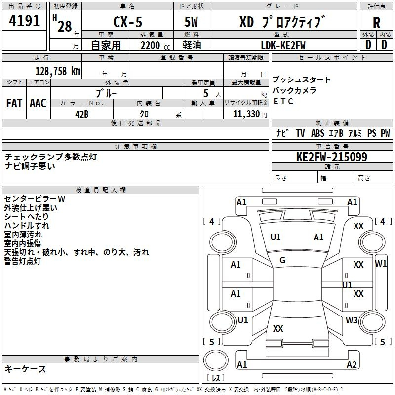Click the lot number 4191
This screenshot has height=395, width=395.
point(24,21)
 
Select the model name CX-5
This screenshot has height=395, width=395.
point(128,22)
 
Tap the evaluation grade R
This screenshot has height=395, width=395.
point(376,23)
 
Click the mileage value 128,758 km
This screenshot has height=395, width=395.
point(58,71)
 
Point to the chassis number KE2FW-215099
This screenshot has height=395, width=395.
point(332,157)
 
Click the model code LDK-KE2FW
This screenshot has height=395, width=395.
point(283,45)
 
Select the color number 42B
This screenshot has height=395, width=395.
point(82,114)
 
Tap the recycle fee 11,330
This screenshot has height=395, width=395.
point(246,114)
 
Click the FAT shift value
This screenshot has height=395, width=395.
point(14,103)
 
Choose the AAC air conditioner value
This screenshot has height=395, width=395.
point(38,103)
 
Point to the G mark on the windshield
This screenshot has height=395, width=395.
point(282,260)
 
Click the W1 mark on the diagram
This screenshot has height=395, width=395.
point(381,264)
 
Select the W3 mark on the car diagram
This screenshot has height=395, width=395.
point(352,320)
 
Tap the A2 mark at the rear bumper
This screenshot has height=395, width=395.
point(352,364)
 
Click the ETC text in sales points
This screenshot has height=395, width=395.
point(283,101)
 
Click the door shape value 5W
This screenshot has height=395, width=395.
point(191,22)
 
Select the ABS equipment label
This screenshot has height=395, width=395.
point(317,133)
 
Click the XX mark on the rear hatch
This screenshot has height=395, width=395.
point(278,328)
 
